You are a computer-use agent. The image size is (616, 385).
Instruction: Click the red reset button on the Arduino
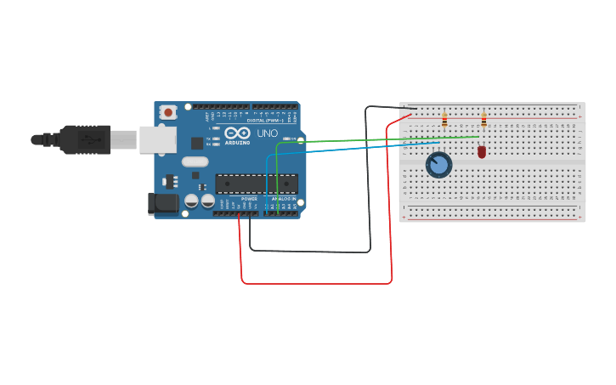click(168, 111)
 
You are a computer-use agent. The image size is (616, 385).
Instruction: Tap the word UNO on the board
click(267, 133)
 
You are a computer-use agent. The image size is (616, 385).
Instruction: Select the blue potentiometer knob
click(438, 164)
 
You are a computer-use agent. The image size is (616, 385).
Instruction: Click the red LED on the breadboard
click(482, 151)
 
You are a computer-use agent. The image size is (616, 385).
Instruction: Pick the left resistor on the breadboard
click(444, 120)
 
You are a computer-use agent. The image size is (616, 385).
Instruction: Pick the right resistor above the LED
click(483, 120)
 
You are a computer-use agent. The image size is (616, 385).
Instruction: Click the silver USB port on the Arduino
click(157, 139)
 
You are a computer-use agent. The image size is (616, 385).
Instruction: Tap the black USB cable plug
click(84, 139)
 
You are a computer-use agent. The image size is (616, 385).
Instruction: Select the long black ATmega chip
click(257, 184)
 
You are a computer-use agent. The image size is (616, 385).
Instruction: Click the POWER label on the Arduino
click(249, 199)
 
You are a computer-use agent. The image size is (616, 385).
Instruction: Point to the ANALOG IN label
click(284, 199)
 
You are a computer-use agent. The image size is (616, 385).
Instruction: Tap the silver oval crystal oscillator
click(195, 161)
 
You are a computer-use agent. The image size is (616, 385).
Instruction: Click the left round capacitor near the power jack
click(192, 201)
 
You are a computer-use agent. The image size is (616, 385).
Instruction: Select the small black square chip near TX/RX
click(197, 143)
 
